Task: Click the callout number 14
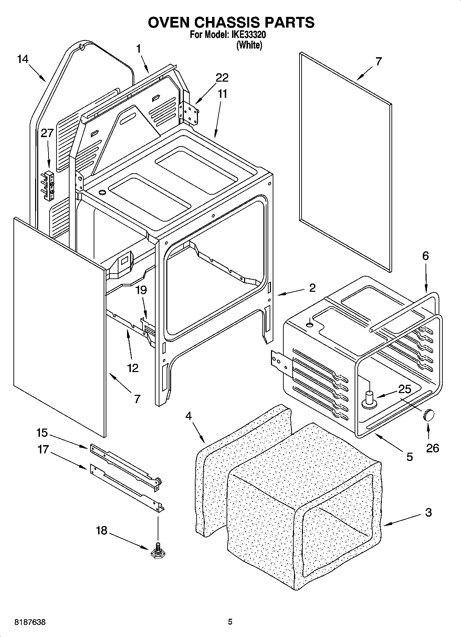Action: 22,59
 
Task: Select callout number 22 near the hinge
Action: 222,78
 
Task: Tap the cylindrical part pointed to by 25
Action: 369,400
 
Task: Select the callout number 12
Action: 133,368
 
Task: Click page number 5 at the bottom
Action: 230,622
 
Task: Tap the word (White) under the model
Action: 249,45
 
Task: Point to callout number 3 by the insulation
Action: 428,512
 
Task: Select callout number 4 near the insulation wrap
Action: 188,416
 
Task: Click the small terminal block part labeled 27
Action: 48,186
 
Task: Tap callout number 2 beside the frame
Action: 312,288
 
